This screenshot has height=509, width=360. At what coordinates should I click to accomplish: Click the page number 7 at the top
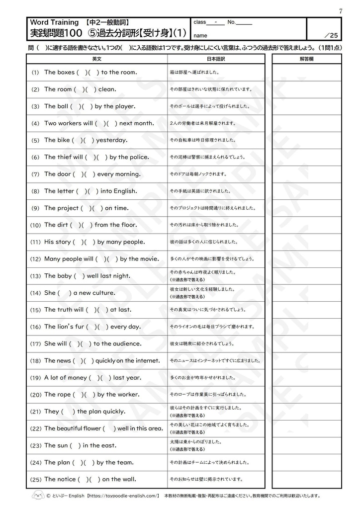tap(341, 11)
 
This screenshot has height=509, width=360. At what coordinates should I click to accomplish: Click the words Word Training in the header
tap(54, 22)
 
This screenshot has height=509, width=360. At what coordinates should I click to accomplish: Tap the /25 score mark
tap(330, 35)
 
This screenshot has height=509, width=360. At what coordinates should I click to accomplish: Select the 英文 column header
tap(97, 59)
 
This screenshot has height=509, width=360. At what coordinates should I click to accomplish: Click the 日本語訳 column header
tap(216, 59)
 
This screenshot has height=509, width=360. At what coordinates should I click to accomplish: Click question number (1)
tap(35, 73)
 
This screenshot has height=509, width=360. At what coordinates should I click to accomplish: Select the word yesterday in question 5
tap(111, 140)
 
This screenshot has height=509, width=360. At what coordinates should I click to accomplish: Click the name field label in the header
tap(200, 36)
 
